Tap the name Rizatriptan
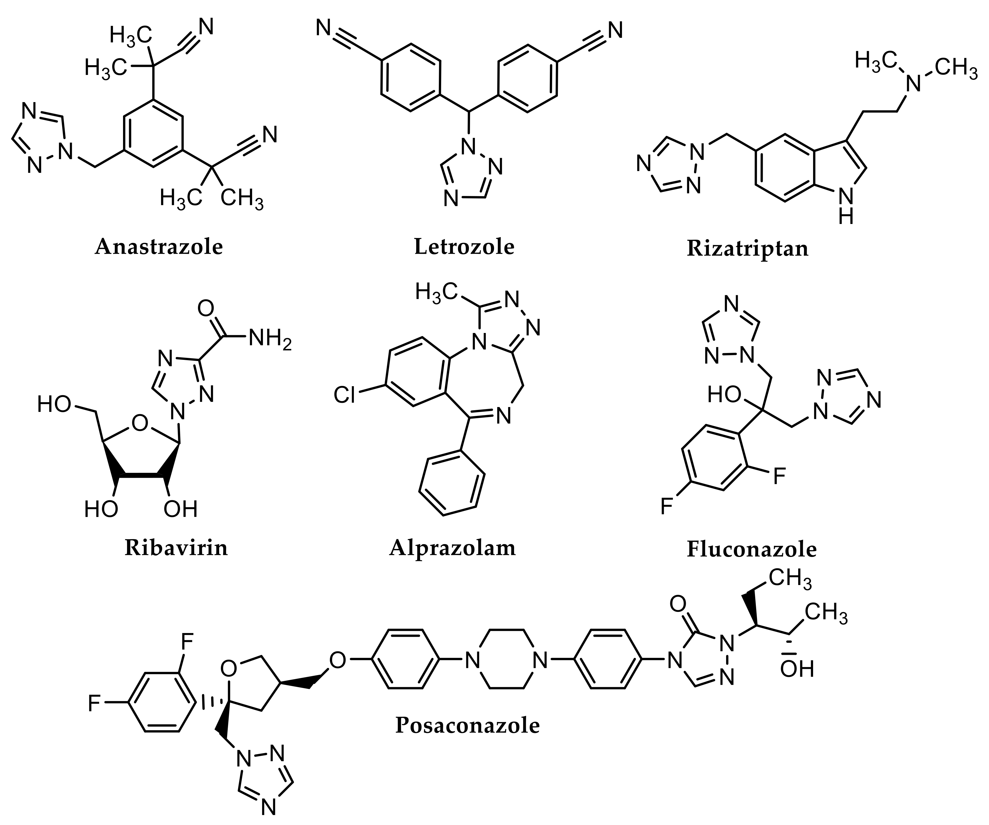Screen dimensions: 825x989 pyautogui.click(x=748, y=248)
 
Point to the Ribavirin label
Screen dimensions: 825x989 pyautogui.click(x=176, y=548)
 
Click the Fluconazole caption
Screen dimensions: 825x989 pyautogui.click(x=752, y=549)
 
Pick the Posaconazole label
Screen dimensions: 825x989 pyautogui.click(x=467, y=725)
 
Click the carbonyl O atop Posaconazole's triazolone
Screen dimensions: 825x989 pyautogui.click(x=677, y=604)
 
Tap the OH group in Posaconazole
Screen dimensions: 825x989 pyautogui.click(x=797, y=669)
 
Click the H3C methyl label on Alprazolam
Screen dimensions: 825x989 pyautogui.click(x=436, y=292)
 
